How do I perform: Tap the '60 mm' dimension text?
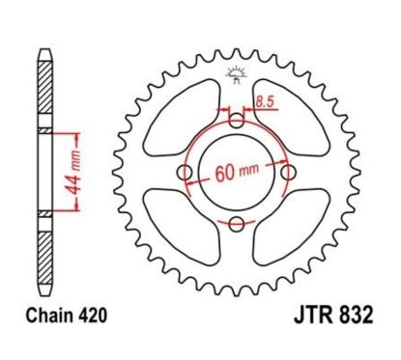236,176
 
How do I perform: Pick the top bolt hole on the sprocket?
236,122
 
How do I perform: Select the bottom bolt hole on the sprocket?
236,224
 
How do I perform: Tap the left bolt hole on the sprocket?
185,173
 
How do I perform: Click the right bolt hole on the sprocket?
287,173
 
